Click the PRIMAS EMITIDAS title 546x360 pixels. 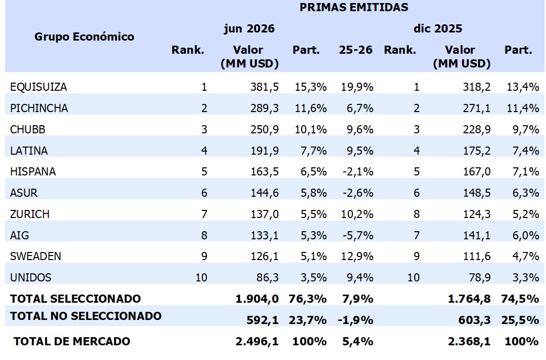pyautogui.click(x=354, y=7)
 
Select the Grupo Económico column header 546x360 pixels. pyautogui.click(x=84, y=37)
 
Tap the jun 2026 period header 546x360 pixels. pyautogui.click(x=249, y=28)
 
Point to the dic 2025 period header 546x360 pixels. pyautogui.click(x=438, y=28)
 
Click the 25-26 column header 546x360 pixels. pyautogui.click(x=355, y=50)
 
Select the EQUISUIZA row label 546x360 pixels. pyautogui.click(x=39, y=87)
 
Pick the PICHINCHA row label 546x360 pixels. pyautogui.click(x=39, y=109)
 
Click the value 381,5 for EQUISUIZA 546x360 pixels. pyautogui.click(x=265, y=87)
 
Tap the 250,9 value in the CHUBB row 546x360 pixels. pyautogui.click(x=265, y=129)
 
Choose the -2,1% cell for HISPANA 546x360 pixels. pyautogui.click(x=358, y=172)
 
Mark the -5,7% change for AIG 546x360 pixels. pyautogui.click(x=358, y=236)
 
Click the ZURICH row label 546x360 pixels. pyautogui.click(x=29, y=214)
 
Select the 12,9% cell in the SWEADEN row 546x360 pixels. pyautogui.click(x=357, y=257)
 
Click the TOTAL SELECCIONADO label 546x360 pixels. pyautogui.click(x=75, y=299)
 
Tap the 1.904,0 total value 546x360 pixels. pyautogui.click(x=257, y=299)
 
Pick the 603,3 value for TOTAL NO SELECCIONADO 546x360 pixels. pyautogui.click(x=475, y=320)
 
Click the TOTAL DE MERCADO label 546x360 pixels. pyautogui.click(x=71, y=341)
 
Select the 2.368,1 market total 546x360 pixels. pyautogui.click(x=469, y=342)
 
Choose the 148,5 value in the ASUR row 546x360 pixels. pyautogui.click(x=477, y=193)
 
